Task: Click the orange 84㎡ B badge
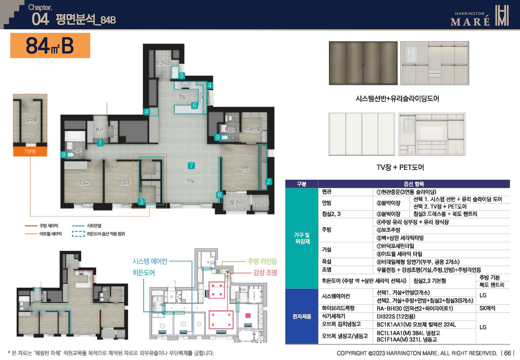pyautogui.click(x=50, y=46)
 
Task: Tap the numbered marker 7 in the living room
pyautogui.click(x=191, y=166)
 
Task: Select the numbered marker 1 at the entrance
pyautogui.click(x=100, y=143)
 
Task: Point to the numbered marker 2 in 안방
pyautogui.click(x=269, y=181)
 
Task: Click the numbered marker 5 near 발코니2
pyautogui.click(x=182, y=76)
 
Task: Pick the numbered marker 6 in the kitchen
pyautogui.click(x=194, y=105)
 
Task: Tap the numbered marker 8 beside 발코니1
pyautogui.click(x=219, y=194)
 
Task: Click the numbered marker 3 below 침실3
pyautogui.click(x=141, y=202)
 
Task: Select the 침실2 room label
pyautogui.click(x=84, y=183)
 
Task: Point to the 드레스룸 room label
pyautogui.click(x=252, y=130)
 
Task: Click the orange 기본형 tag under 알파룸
pyautogui.click(x=30, y=151)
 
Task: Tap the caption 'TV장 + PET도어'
pyautogui.click(x=400, y=167)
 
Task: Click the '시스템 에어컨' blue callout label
pyautogui.click(x=150, y=261)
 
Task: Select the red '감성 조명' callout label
pyautogui.click(x=265, y=273)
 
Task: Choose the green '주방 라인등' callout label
pyautogui.click(x=262, y=261)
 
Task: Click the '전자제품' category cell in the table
pyautogui.click(x=302, y=316)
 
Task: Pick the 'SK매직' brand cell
pyautogui.click(x=487, y=308)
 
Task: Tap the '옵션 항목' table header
pyautogui.click(x=414, y=184)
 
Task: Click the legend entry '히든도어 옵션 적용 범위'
pyautogui.click(x=106, y=234)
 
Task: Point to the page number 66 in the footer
pyautogui.click(x=507, y=353)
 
